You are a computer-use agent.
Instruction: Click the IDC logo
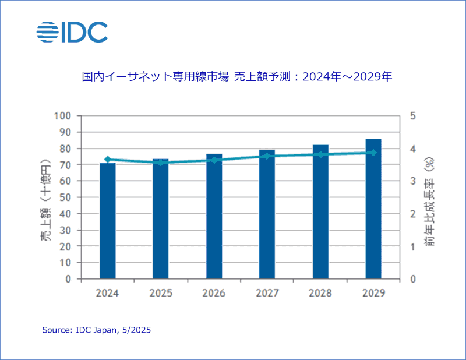pyautogui.click(x=72, y=33)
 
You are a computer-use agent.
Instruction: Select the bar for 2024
pyautogui.click(x=108, y=221)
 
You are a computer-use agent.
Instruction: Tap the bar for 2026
pyautogui.click(x=214, y=217)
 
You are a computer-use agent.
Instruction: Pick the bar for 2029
pyautogui.click(x=373, y=209)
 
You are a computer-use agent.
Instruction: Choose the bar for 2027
pyautogui.click(x=267, y=214)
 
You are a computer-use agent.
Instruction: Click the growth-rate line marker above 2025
pyautogui.click(x=161, y=163)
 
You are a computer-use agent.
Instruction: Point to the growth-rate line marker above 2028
pyautogui.click(x=320, y=154)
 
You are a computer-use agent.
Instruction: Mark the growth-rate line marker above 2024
pyautogui.click(x=108, y=159)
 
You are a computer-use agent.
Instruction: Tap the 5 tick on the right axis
pyautogui.click(x=412, y=116)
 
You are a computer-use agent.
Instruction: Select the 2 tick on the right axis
pyautogui.click(x=412, y=214)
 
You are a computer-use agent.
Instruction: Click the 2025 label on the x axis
pyautogui.click(x=161, y=293)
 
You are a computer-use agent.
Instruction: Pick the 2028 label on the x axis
pyautogui.click(x=320, y=293)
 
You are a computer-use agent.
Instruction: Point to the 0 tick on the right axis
pyautogui.click(x=412, y=279)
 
